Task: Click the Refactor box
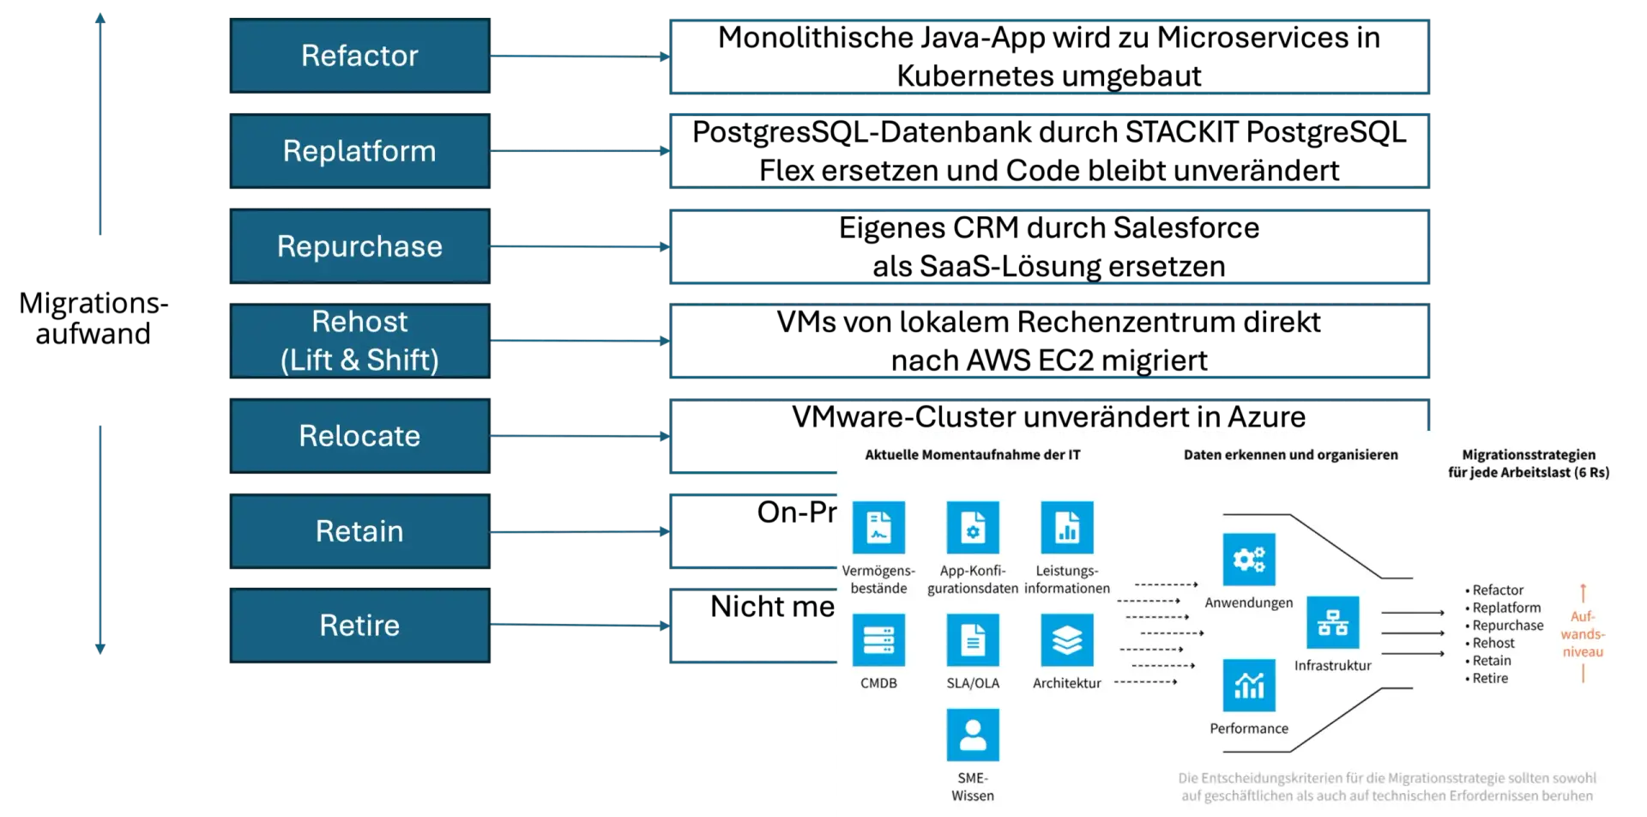point(359,56)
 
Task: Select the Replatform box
point(359,151)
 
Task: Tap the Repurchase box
point(359,246)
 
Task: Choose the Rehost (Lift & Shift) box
point(359,341)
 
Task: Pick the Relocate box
point(359,436)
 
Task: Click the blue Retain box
point(359,531)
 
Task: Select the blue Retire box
point(359,626)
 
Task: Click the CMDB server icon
point(878,640)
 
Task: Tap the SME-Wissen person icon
point(973,735)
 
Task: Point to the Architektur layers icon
point(1067,640)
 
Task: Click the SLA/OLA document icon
point(973,640)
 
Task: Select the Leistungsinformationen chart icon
point(1067,527)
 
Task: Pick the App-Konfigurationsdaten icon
point(973,527)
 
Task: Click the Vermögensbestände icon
point(878,527)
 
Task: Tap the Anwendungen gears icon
point(1249,560)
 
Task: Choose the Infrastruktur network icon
point(1332,622)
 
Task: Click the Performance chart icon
point(1249,685)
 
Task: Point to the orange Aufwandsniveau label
point(1583,634)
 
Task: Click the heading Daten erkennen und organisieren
point(1290,455)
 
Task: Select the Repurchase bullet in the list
point(1507,626)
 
